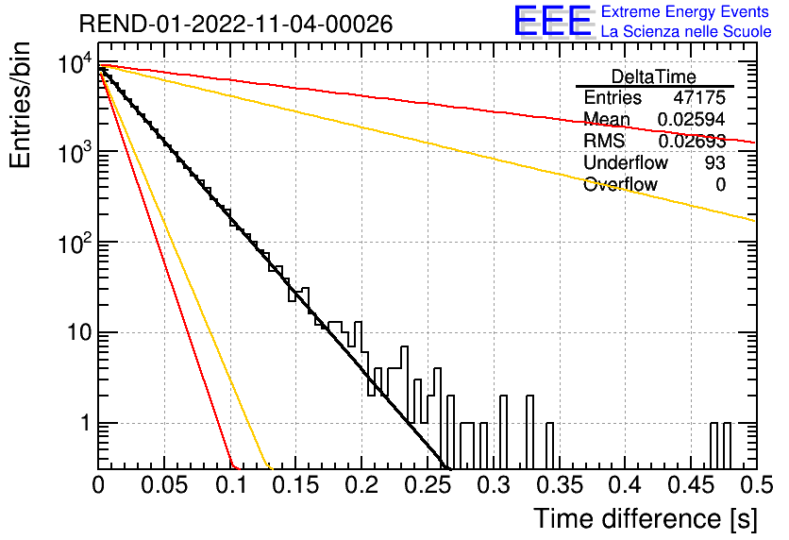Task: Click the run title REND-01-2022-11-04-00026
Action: (x=236, y=24)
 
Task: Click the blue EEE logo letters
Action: (x=553, y=21)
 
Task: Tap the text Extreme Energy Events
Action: (x=684, y=11)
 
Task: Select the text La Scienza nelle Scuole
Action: (x=686, y=31)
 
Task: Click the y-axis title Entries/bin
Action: (x=20, y=105)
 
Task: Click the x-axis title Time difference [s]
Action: (x=646, y=518)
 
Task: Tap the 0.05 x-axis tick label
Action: (x=164, y=485)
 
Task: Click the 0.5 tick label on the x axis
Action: (x=756, y=485)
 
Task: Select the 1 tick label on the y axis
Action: (x=85, y=423)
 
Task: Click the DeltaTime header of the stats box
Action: (x=654, y=76)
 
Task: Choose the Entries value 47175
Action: (x=699, y=97)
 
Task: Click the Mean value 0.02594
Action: (x=692, y=119)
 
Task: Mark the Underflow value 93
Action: (x=715, y=162)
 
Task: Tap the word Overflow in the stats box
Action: (x=620, y=184)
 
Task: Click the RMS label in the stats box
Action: (x=604, y=141)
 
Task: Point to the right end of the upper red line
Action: (x=755, y=143)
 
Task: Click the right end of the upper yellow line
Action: (x=755, y=220)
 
